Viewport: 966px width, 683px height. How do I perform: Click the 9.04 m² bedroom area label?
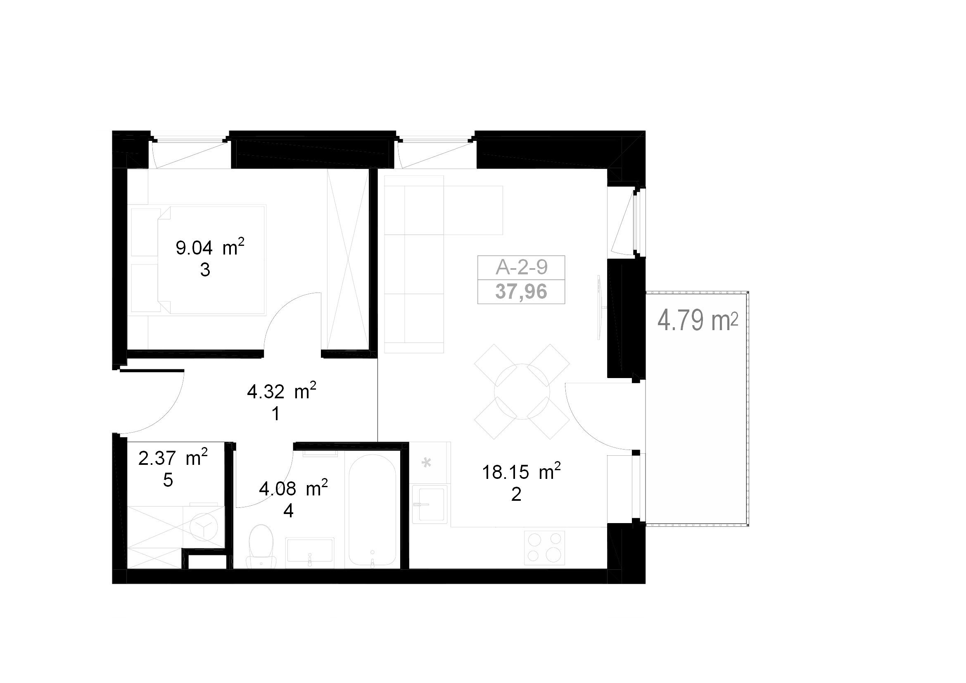[x=210, y=247]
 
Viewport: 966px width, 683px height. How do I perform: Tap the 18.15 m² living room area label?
[x=521, y=471]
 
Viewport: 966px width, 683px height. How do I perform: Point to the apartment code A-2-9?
[x=521, y=267]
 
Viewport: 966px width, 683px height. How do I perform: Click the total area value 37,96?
[x=521, y=291]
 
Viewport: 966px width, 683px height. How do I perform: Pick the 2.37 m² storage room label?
[x=173, y=457]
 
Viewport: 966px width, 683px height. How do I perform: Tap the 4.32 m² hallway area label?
[x=282, y=391]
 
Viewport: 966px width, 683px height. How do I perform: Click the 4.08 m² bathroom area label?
[x=293, y=488]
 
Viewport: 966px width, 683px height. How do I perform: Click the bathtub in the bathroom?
[x=373, y=511]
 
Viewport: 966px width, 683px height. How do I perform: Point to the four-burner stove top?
[x=544, y=547]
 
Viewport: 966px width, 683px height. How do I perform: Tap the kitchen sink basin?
[x=430, y=504]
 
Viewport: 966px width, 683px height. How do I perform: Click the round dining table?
[x=522, y=391]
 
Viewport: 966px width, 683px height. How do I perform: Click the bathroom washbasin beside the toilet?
[x=310, y=550]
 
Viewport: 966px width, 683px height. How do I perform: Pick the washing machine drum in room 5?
[x=204, y=527]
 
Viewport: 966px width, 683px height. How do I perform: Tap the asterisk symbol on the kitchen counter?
[x=426, y=463]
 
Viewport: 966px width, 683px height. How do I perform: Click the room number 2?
[x=516, y=495]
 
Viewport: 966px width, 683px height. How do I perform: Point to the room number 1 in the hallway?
[x=276, y=414]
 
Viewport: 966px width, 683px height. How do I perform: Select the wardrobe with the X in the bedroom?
[x=348, y=259]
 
